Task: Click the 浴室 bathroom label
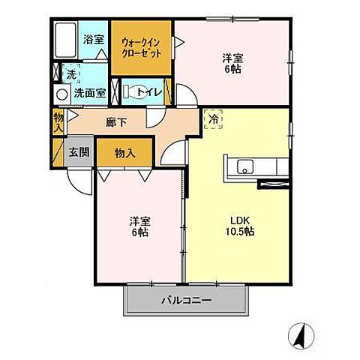click(x=94, y=40)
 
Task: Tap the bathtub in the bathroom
click(x=65, y=40)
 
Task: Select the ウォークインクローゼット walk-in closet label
click(x=141, y=48)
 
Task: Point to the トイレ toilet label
click(x=149, y=92)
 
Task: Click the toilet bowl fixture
click(x=134, y=92)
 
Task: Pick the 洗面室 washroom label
click(x=90, y=93)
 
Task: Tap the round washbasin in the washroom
click(x=61, y=94)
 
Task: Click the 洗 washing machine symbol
click(x=71, y=73)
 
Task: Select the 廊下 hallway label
click(x=115, y=122)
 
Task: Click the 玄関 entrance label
click(x=79, y=151)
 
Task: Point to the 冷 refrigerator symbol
click(x=214, y=119)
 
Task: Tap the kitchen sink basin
click(x=245, y=166)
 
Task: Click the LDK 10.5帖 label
click(x=240, y=226)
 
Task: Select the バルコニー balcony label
click(x=186, y=300)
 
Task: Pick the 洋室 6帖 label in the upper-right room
click(x=232, y=64)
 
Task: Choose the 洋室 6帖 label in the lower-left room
click(x=139, y=226)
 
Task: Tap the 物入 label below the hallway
click(x=125, y=153)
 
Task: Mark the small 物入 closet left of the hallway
click(x=58, y=122)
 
